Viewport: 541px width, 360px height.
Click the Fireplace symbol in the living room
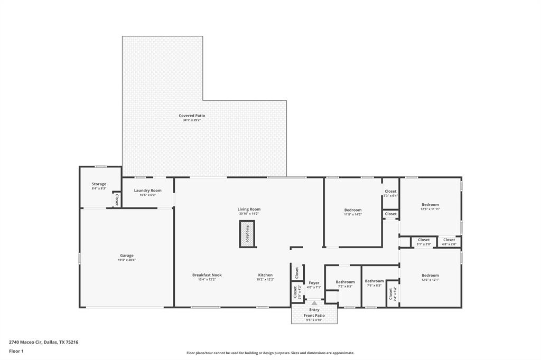click(x=247, y=234)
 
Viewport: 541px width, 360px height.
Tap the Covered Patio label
click(x=192, y=116)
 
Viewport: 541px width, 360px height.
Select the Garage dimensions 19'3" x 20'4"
click(x=127, y=260)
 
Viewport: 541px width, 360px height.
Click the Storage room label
click(x=99, y=184)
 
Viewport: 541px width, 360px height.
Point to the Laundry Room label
click(x=148, y=191)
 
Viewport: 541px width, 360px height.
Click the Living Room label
click(x=249, y=210)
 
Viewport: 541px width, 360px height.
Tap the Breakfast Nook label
click(x=207, y=275)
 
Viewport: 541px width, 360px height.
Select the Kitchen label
click(x=265, y=275)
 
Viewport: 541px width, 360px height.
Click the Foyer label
click(x=314, y=283)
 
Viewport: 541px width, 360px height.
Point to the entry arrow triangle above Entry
click(x=314, y=304)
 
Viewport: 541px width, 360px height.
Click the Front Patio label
click(x=314, y=316)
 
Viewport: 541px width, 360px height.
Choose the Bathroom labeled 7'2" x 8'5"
click(x=345, y=282)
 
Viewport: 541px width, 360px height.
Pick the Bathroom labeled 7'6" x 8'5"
click(x=374, y=281)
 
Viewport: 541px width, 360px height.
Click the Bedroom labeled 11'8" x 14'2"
click(x=353, y=210)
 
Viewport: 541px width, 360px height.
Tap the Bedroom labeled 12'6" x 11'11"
click(x=430, y=205)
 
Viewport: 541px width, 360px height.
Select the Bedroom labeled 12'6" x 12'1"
click(x=430, y=276)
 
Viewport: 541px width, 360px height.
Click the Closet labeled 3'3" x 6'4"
click(x=390, y=192)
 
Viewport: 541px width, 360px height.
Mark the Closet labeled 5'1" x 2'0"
click(x=424, y=240)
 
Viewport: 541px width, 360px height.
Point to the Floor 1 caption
click(x=16, y=351)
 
